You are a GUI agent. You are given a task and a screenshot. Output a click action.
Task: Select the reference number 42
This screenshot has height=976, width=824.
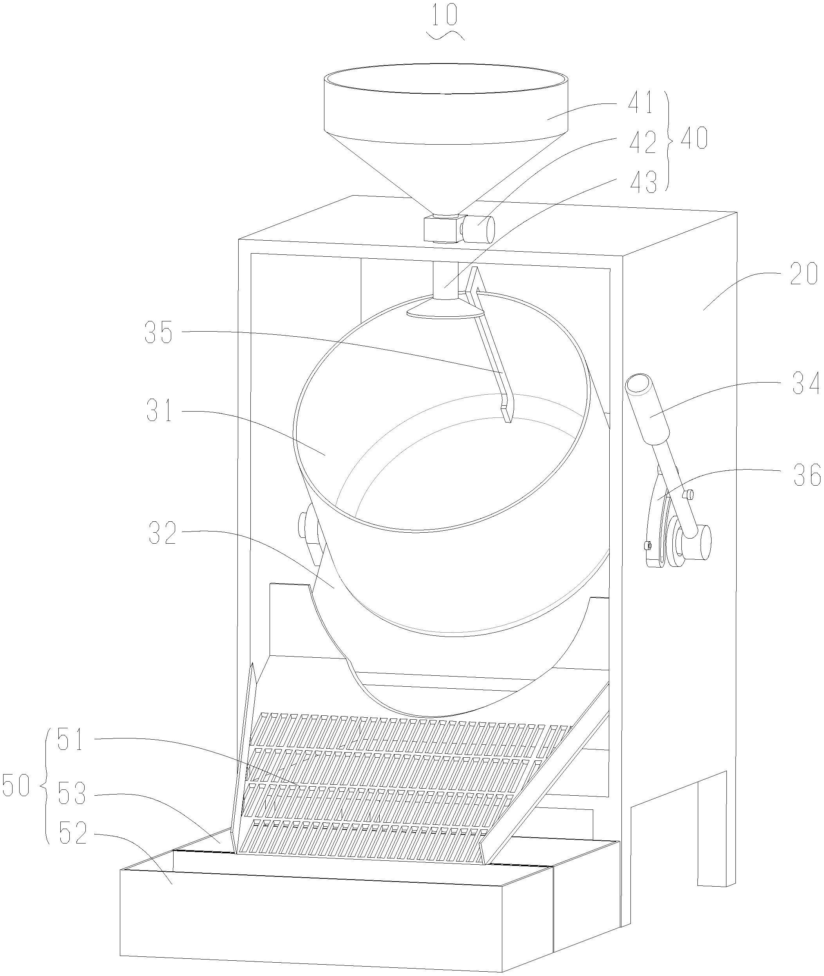[x=642, y=143]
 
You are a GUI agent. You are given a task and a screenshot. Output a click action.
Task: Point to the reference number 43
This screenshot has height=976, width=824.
[x=644, y=182]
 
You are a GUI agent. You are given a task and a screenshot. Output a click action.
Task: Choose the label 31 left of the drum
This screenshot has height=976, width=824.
[x=159, y=411]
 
